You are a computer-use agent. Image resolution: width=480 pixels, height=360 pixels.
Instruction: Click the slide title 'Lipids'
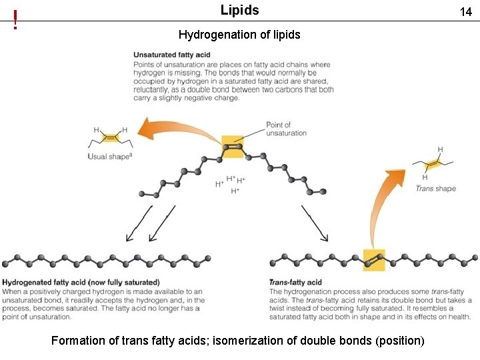coord(239,11)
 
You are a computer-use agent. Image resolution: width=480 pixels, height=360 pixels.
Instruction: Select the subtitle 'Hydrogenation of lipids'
coord(239,34)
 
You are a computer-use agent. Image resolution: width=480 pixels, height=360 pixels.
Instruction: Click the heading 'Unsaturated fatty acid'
coord(172,55)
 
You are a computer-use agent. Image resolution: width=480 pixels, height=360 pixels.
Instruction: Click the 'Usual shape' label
coord(110,157)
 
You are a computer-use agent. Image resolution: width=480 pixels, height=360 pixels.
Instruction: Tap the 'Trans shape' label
coord(435,189)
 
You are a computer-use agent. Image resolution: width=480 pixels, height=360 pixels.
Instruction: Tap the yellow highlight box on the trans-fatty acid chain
coord(373,259)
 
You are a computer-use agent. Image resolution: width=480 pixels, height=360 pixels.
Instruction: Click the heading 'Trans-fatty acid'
coord(295,282)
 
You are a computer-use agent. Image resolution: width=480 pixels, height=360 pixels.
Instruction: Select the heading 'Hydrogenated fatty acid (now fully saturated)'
coord(81,282)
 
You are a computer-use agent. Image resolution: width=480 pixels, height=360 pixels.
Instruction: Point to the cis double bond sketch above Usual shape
coord(110,137)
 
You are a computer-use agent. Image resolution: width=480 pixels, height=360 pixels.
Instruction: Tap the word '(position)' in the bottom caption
coord(399,341)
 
